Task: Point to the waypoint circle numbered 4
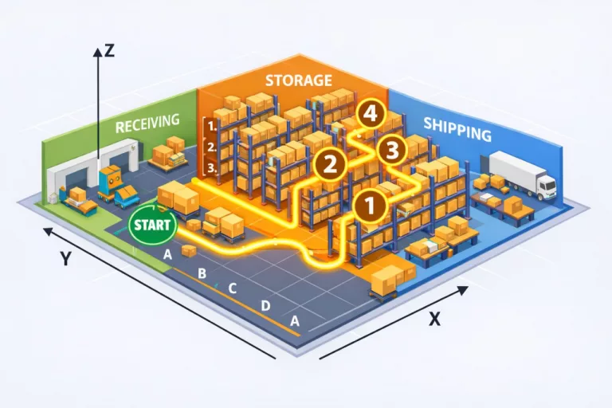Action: (x=369, y=115)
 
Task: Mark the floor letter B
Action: (x=202, y=274)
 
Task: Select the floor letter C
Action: (x=233, y=288)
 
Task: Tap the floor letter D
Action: (x=265, y=305)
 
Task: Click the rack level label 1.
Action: (x=210, y=126)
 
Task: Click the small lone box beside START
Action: (x=189, y=250)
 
